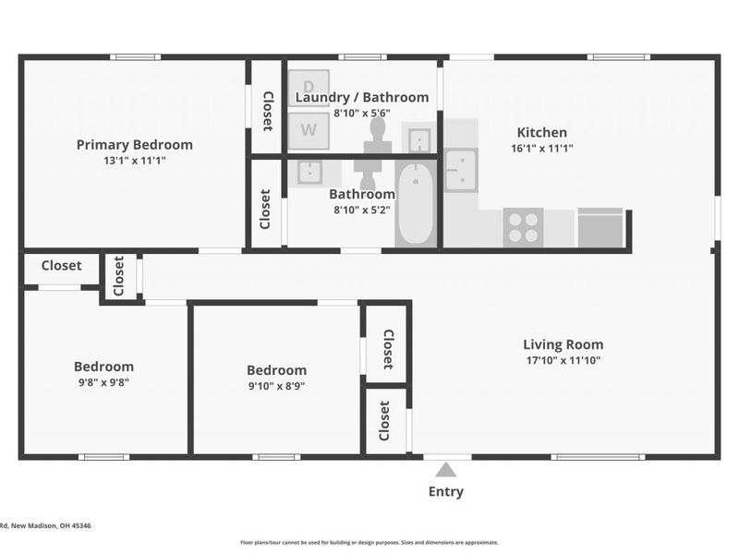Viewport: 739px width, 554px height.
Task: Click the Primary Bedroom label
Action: point(135,145)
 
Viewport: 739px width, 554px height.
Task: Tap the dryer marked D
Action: point(309,89)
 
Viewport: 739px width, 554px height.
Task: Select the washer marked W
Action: point(309,130)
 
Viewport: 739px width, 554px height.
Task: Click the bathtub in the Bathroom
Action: point(416,203)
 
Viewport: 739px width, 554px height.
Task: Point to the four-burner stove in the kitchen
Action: point(523,227)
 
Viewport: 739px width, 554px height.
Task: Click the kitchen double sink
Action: point(461,170)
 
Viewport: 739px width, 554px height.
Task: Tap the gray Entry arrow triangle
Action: point(446,470)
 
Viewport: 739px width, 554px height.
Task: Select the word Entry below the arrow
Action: point(446,491)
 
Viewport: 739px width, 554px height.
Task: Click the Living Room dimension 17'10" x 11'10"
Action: point(563,360)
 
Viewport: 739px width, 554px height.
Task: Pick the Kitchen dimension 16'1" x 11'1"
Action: point(542,149)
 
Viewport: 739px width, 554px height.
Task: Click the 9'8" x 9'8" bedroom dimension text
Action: point(103,382)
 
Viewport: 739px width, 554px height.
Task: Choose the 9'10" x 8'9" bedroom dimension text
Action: point(276,386)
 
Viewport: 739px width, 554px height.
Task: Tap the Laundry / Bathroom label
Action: point(362,98)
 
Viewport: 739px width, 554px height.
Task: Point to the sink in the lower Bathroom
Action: point(309,173)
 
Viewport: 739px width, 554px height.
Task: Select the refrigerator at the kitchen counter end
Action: point(601,227)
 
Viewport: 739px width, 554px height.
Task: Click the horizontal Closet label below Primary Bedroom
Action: point(62,266)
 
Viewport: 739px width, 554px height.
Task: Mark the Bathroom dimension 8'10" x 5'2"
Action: point(362,211)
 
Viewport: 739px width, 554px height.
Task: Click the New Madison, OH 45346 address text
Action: point(51,525)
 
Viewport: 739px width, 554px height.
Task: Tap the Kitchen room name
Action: point(542,132)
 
